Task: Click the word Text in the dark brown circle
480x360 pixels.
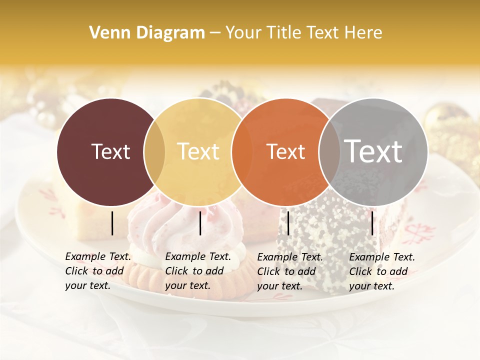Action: click(x=110, y=151)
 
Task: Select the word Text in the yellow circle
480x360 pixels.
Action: click(x=198, y=151)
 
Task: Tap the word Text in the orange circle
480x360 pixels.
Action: click(x=286, y=151)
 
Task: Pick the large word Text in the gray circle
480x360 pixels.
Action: click(x=373, y=151)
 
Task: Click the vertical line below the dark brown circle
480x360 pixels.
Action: click(x=112, y=223)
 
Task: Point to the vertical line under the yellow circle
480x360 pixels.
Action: click(x=200, y=223)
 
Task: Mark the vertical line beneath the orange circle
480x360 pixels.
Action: click(x=288, y=223)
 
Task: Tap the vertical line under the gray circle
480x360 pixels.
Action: click(x=372, y=223)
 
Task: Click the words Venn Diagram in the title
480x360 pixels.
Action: click(x=147, y=33)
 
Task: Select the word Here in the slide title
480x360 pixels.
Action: click(x=363, y=33)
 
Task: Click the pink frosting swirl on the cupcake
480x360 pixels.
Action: click(x=150, y=225)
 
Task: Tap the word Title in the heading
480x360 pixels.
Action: click(x=287, y=33)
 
